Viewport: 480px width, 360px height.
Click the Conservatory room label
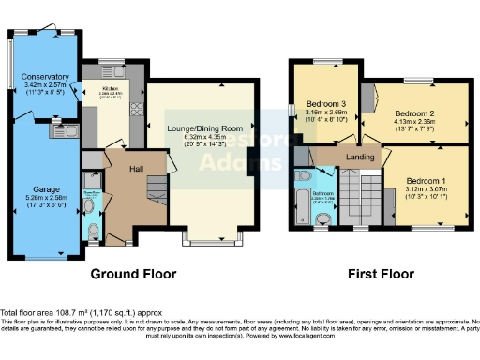45,77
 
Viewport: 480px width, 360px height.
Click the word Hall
137,169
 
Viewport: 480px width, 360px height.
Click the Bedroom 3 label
326,103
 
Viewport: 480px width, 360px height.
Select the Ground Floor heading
131,275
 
